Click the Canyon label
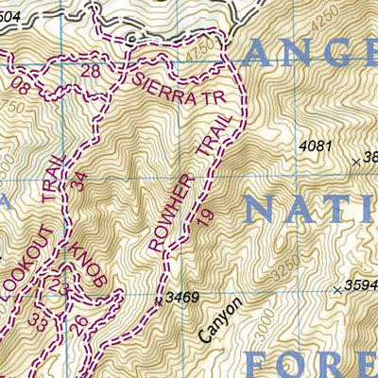[x=222, y=319]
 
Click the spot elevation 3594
[x=360, y=285]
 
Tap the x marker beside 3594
[x=336, y=289]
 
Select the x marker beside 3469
[x=158, y=301]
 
